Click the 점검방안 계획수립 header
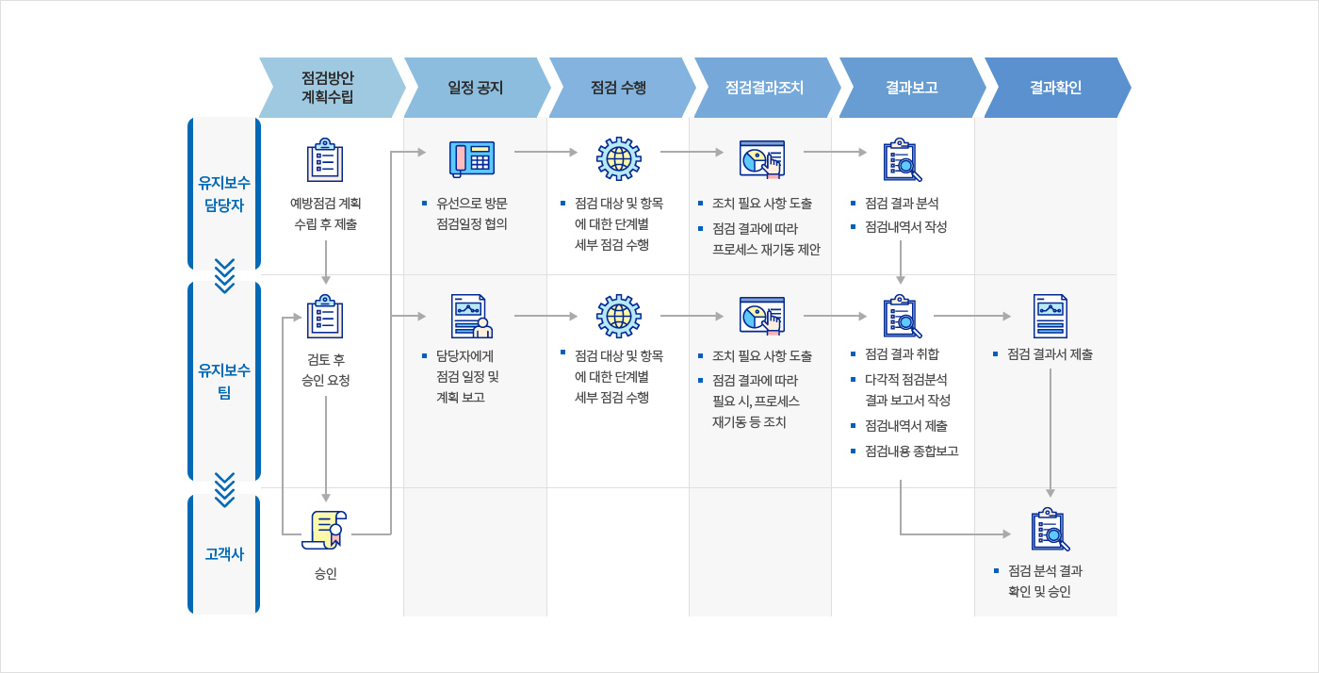(328, 88)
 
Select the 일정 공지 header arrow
(475, 88)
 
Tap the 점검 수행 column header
(619, 88)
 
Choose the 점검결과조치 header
(764, 88)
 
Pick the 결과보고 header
(910, 88)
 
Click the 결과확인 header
(1055, 88)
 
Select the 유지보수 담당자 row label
(223, 193)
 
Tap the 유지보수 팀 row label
(223, 380)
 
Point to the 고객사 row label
(223, 554)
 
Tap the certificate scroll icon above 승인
(325, 530)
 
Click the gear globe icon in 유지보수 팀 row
(619, 316)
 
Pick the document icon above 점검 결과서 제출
(1050, 316)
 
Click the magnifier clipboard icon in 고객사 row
(1050, 530)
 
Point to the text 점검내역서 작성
(905, 227)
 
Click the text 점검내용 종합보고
(911, 451)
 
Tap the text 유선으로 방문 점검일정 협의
(471, 214)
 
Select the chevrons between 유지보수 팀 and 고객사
(224, 488)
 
